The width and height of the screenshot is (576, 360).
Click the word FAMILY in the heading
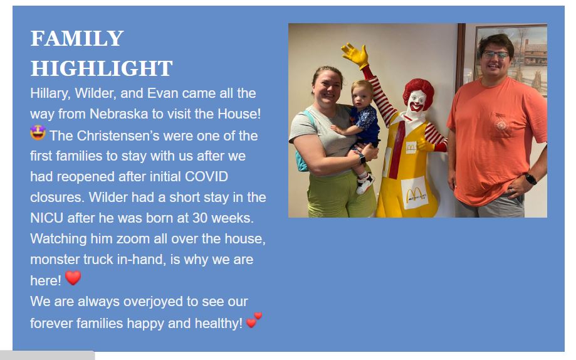pyautogui.click(x=77, y=38)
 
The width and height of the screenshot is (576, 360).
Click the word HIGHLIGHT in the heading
pyautogui.click(x=102, y=68)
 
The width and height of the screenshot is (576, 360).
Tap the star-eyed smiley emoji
pyautogui.click(x=38, y=133)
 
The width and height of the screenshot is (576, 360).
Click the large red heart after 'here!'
pyautogui.click(x=73, y=278)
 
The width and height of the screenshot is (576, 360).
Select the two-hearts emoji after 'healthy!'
pyautogui.click(x=254, y=320)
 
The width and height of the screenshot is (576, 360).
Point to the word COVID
pyautogui.click(x=206, y=176)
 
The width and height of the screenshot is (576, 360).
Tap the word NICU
pyautogui.click(x=46, y=218)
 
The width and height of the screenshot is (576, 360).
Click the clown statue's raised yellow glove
pyautogui.click(x=355, y=55)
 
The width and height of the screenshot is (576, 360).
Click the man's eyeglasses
pyautogui.click(x=496, y=55)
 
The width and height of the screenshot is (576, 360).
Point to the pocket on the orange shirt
pyautogui.click(x=501, y=125)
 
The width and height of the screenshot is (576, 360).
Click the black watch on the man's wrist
pyautogui.click(x=530, y=179)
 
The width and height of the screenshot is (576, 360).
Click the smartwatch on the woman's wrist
pyautogui.click(x=362, y=159)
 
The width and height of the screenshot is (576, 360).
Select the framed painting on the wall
pyautogui.click(x=511, y=59)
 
